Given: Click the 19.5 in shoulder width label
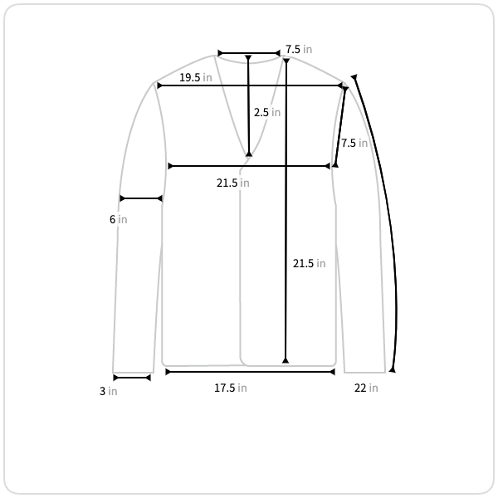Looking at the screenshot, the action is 196,77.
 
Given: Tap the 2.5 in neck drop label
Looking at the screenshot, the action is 267,112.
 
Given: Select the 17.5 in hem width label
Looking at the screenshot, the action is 231,388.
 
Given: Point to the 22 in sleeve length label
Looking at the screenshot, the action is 366,388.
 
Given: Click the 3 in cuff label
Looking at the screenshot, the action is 108,391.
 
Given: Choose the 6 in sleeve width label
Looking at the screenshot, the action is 119,219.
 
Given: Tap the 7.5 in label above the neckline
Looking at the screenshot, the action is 299,49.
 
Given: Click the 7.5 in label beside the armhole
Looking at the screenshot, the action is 354,144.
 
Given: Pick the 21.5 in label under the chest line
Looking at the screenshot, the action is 232,183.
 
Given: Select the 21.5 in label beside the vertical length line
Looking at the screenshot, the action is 309,263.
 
